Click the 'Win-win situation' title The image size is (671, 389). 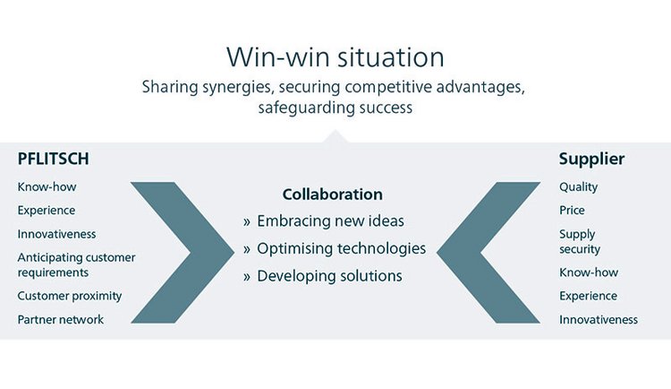(x=335, y=57)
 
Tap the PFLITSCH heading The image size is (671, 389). (x=54, y=159)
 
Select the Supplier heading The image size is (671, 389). (x=591, y=160)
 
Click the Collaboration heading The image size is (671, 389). (x=333, y=194)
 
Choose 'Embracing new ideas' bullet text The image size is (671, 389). (x=330, y=220)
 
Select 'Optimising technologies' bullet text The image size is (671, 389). (x=341, y=249)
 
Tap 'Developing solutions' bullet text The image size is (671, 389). (x=329, y=276)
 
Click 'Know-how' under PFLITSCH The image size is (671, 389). (x=47, y=187)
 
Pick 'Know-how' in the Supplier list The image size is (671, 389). (x=589, y=272)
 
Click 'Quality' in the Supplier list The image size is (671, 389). (x=578, y=187)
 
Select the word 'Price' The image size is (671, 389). (x=572, y=210)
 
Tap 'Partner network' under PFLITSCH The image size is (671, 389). (x=60, y=319)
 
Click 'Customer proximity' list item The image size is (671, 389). (x=70, y=296)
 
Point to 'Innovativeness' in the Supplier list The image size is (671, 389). (x=599, y=319)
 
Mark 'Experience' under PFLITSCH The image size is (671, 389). (x=47, y=211)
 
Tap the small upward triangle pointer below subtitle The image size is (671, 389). (x=335, y=136)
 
